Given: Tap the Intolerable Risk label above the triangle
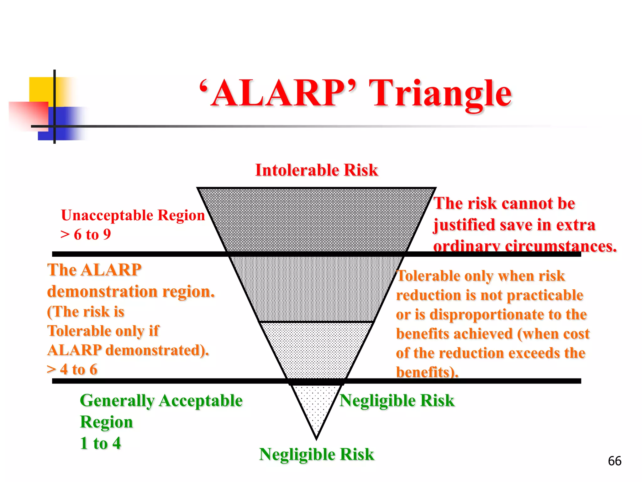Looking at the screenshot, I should pyautogui.click(x=317, y=170).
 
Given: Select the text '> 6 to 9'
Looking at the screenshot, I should pyautogui.click(x=86, y=234).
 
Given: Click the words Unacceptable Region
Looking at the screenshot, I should pyautogui.click(x=133, y=215).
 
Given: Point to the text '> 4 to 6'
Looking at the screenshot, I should pyautogui.click(x=72, y=369).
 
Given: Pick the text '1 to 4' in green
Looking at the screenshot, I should pyautogui.click(x=100, y=443).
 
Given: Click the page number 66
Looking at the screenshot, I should pyautogui.click(x=614, y=461).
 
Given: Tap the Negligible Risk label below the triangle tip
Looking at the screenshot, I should pyautogui.click(x=317, y=454).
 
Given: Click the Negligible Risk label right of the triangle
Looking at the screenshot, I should pyautogui.click(x=397, y=400).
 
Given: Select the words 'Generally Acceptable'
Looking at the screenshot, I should pyautogui.click(x=161, y=401).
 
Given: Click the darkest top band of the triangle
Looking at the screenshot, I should pyautogui.click(x=317, y=220).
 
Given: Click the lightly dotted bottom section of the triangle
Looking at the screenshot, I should pyautogui.click(x=317, y=405).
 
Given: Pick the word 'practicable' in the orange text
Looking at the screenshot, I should pyautogui.click(x=545, y=295).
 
